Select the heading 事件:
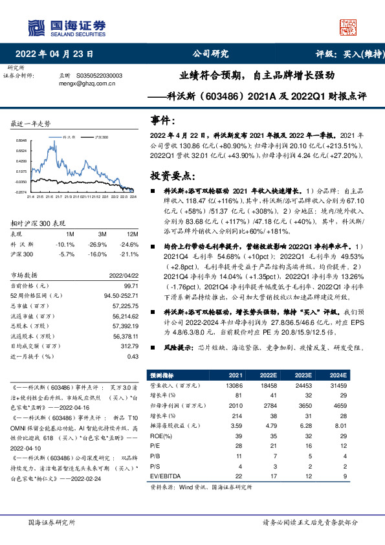pos(162,120)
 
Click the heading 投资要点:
pos(171,175)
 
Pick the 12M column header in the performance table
pos(133,234)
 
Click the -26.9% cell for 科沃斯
pos(98,244)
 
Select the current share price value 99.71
pos(130,285)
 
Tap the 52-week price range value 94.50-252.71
pos(121,295)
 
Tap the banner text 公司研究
pos(211,54)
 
